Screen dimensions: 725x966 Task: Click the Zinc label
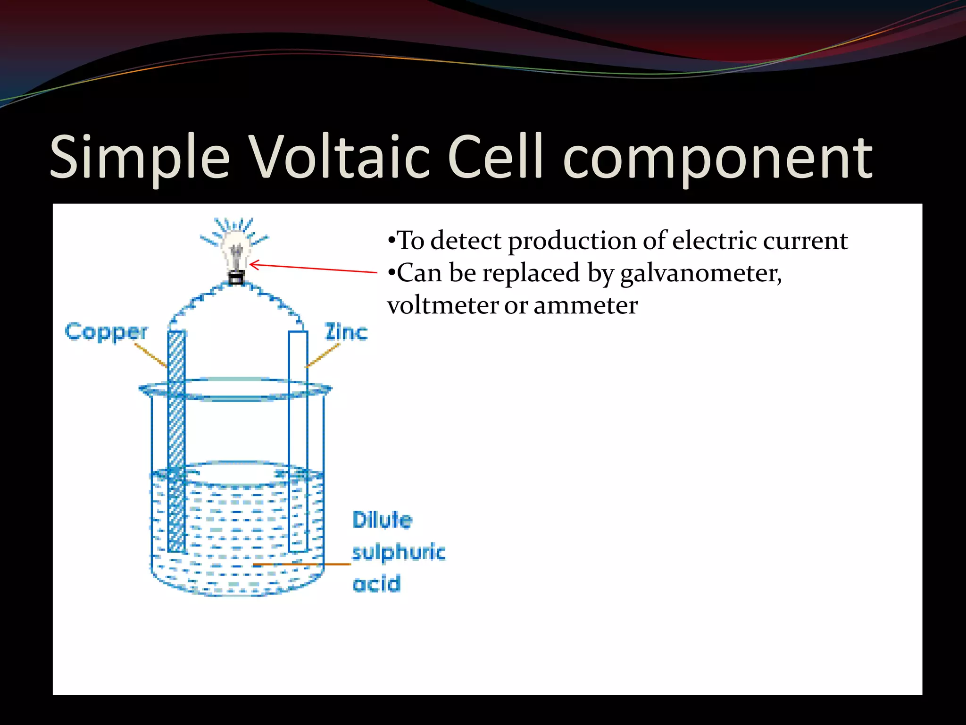pos(346,332)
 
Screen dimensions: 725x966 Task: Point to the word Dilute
pos(382,520)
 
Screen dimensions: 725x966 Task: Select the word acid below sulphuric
pos(376,584)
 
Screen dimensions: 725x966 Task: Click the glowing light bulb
pos(236,248)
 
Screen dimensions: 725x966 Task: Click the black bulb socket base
pos(236,278)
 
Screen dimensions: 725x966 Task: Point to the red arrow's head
pos(253,265)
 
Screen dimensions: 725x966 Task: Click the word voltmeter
pos(442,305)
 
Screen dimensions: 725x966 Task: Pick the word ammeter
pos(585,305)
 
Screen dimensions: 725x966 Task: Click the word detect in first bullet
pos(466,241)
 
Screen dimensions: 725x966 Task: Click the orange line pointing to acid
pos(302,564)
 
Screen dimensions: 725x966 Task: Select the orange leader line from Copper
pos(151,355)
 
